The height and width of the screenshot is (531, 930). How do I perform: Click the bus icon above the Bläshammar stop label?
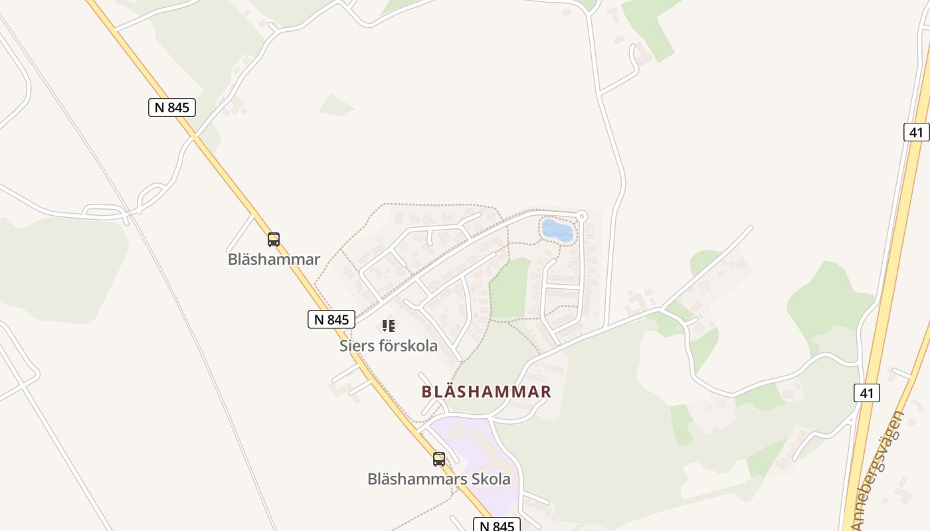click(273, 240)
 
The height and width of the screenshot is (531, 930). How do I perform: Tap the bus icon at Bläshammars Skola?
click(439, 459)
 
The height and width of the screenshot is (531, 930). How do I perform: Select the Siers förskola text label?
click(389, 346)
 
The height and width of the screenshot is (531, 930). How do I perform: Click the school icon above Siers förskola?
click(389, 326)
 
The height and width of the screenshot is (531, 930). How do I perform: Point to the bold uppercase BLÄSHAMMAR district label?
click(486, 392)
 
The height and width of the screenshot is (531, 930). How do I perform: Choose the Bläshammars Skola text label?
click(439, 479)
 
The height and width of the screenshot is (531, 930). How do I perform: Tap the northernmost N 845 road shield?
click(172, 108)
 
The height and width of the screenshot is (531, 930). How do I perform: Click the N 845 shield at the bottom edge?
click(496, 526)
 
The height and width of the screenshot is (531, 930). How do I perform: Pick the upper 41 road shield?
click(916, 132)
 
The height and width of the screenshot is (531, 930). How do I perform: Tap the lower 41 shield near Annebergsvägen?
click(866, 393)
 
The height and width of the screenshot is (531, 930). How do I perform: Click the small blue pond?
click(557, 230)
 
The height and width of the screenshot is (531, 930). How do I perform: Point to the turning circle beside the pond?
click(582, 216)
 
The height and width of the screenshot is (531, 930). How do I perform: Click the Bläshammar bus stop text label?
click(274, 260)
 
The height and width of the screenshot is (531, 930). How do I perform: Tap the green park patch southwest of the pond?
click(510, 289)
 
